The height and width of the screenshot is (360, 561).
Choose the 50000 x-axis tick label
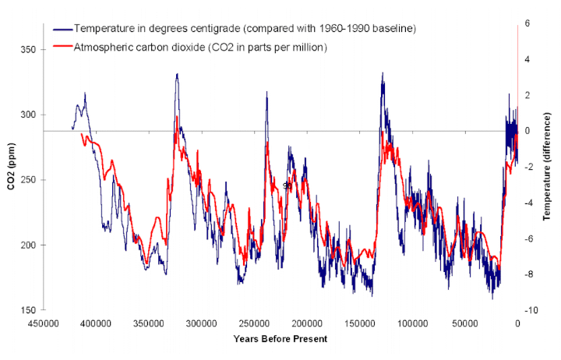(465, 324)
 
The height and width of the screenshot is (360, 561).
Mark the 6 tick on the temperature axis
(527, 23)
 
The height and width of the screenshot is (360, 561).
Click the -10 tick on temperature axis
(529, 310)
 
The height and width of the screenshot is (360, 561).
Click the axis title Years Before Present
(280, 339)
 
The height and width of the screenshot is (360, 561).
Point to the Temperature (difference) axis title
(550, 167)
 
